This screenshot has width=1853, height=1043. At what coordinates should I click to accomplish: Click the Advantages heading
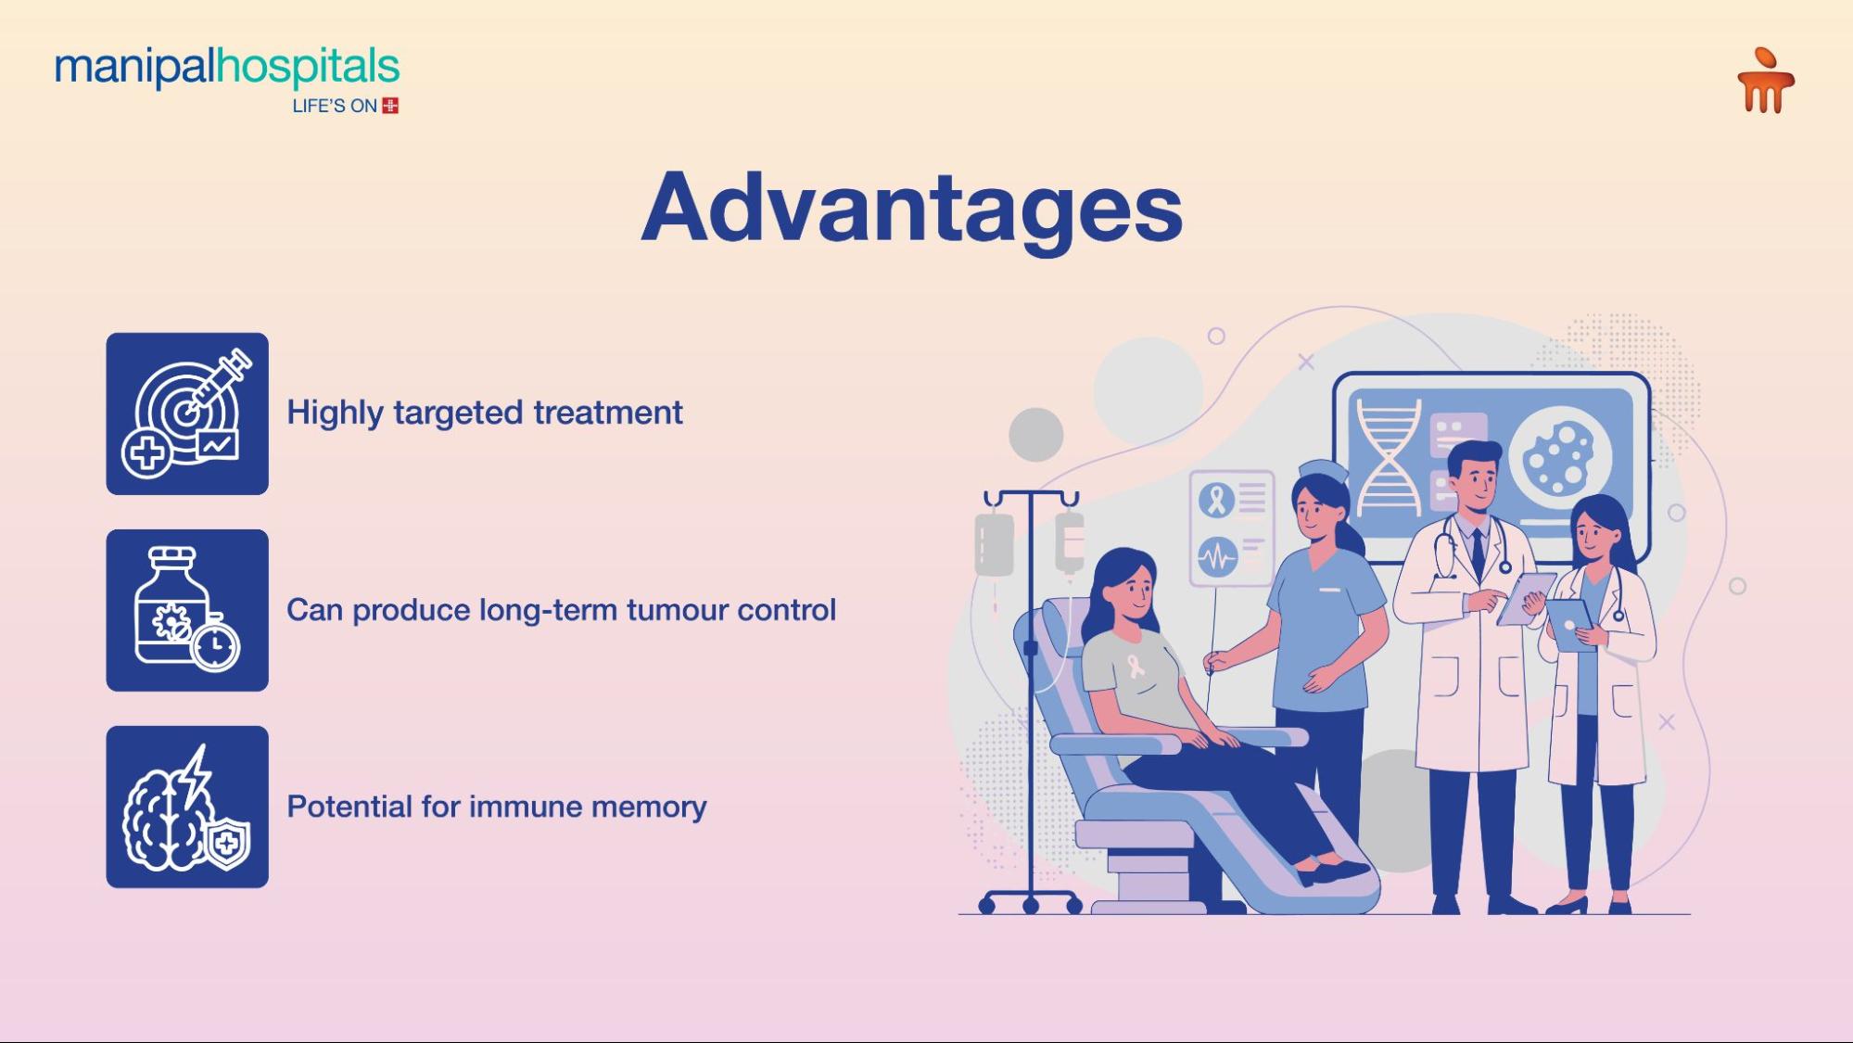point(911,208)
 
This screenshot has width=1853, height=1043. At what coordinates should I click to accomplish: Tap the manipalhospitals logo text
point(227,68)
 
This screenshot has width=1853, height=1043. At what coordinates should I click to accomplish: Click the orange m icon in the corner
point(1765,83)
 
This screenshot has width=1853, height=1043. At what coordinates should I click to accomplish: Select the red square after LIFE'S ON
point(390,106)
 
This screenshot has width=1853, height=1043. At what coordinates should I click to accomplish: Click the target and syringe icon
point(187,413)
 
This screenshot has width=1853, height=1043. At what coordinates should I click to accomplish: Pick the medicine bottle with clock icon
point(187,610)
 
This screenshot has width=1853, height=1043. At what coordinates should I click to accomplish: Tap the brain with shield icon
point(187,807)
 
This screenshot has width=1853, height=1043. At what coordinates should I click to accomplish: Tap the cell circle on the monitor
point(1559,457)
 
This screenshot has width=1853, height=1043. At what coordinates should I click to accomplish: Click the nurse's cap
point(1323,469)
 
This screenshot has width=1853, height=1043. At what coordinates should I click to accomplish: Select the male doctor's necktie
point(1478,552)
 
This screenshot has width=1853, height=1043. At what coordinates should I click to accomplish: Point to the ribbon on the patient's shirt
point(1136,665)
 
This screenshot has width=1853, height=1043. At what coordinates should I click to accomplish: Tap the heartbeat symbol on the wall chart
point(1216,557)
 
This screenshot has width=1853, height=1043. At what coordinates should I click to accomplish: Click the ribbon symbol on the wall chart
point(1216,500)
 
